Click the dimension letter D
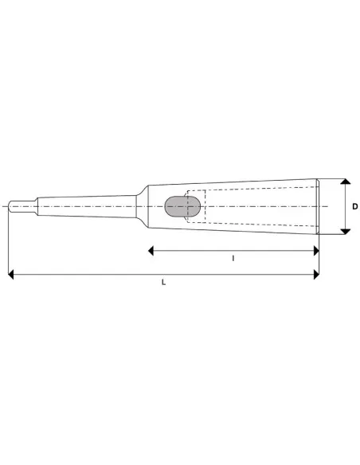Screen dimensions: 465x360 355,207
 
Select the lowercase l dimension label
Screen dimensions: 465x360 233,259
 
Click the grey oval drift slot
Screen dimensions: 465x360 182,207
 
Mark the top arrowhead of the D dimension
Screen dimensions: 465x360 345,182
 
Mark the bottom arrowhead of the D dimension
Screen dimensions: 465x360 345,231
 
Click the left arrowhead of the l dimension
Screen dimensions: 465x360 152,250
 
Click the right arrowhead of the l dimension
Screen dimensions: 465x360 315,250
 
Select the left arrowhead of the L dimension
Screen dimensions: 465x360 10,275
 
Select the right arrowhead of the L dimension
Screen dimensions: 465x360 315,275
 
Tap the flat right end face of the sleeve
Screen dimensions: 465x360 319,207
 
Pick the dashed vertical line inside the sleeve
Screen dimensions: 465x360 205,207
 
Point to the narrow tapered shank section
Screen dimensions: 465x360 88,206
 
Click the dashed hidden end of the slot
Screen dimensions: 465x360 190,193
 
